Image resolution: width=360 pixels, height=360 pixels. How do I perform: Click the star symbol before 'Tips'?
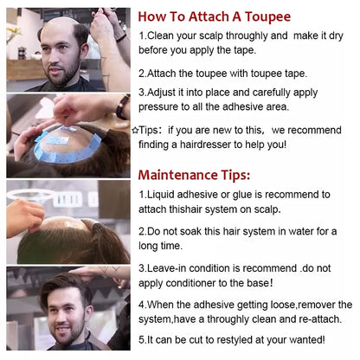point(135,129)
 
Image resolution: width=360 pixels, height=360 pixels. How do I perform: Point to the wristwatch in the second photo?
point(121,107)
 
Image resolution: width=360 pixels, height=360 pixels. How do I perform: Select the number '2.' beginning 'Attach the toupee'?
point(143,74)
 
